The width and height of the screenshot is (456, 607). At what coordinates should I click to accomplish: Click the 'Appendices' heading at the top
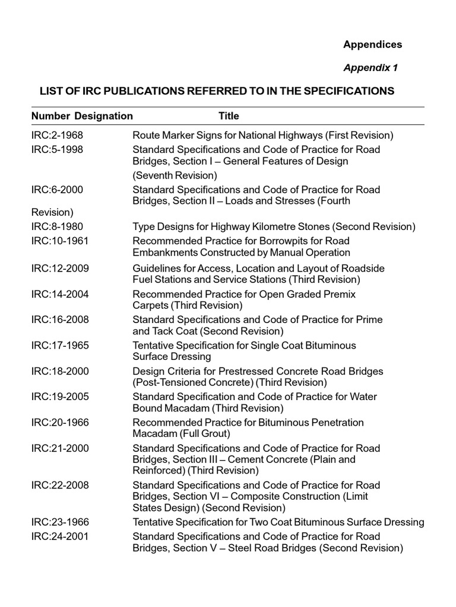[x=372, y=44]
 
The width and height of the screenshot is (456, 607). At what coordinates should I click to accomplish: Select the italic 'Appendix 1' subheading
[x=370, y=68]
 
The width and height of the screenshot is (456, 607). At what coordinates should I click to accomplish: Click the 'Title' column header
[x=229, y=116]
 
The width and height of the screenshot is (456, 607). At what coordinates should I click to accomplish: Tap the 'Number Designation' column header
[x=82, y=116]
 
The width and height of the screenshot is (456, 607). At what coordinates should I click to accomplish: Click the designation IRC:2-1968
[x=57, y=135]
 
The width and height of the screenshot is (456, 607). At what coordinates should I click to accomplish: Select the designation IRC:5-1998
[x=57, y=149]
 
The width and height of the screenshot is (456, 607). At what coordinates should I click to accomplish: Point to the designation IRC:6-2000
[x=57, y=190]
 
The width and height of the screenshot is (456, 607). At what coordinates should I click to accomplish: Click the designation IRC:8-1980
[x=57, y=226]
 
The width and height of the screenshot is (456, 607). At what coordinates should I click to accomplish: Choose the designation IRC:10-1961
[x=59, y=241]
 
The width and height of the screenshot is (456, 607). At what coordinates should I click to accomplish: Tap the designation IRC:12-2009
[x=59, y=268]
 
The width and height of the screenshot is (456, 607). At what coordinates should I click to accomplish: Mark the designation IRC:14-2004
[x=59, y=294]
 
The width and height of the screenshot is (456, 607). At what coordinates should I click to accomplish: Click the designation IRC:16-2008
[x=59, y=320]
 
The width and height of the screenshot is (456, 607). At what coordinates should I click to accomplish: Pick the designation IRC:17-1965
[x=59, y=345]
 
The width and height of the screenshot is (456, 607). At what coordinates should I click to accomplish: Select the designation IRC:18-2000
[x=59, y=371]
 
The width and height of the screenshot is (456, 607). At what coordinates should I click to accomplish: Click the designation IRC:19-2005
[x=59, y=397]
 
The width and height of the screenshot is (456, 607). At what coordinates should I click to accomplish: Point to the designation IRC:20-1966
[x=59, y=423]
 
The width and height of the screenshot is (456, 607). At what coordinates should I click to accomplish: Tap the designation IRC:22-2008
[x=59, y=485]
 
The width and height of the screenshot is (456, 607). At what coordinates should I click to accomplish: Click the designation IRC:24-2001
[x=59, y=536]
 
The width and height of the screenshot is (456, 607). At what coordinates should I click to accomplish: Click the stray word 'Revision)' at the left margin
[x=52, y=212]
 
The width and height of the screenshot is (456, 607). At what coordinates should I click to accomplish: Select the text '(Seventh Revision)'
[x=175, y=175]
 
